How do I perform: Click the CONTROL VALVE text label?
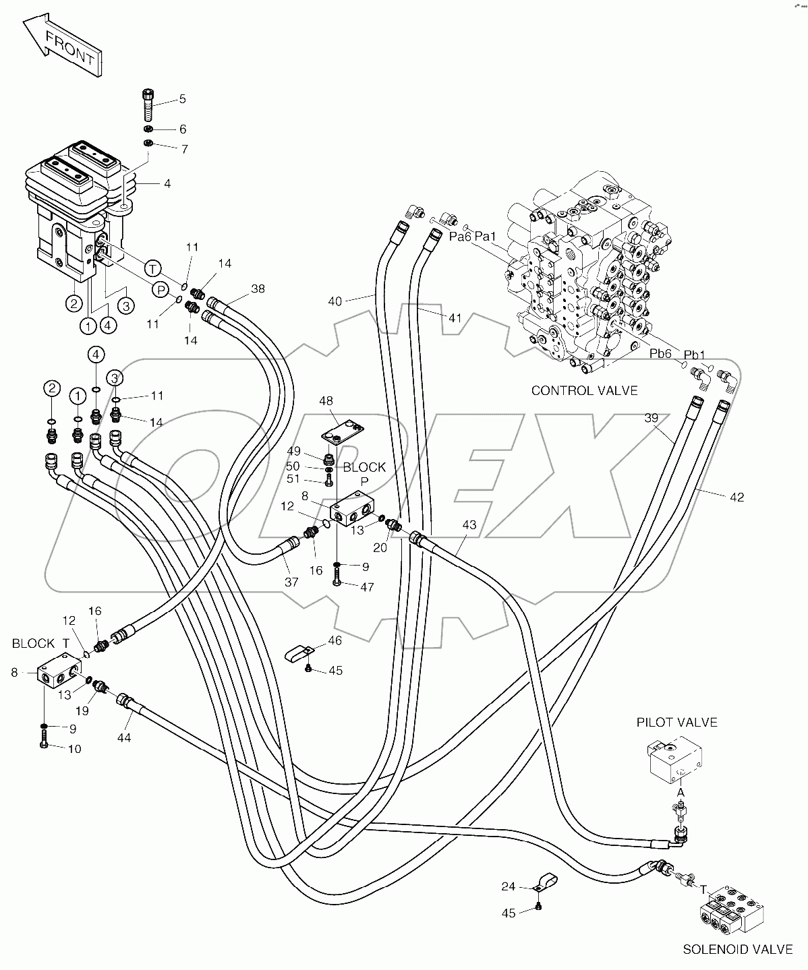click(584, 390)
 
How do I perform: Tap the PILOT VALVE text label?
click(676, 722)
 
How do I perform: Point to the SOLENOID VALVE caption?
click(738, 949)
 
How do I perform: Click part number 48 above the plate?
click(326, 400)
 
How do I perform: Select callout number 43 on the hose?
click(469, 524)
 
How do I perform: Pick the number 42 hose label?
click(737, 497)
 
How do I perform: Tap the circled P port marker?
click(161, 289)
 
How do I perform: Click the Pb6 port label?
click(660, 354)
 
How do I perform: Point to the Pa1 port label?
click(486, 236)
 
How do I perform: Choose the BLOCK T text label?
click(40, 644)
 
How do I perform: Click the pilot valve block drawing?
click(674, 758)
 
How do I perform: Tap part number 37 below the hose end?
click(291, 582)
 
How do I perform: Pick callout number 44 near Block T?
click(123, 737)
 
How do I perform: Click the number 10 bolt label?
click(74, 749)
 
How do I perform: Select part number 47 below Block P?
click(366, 587)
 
